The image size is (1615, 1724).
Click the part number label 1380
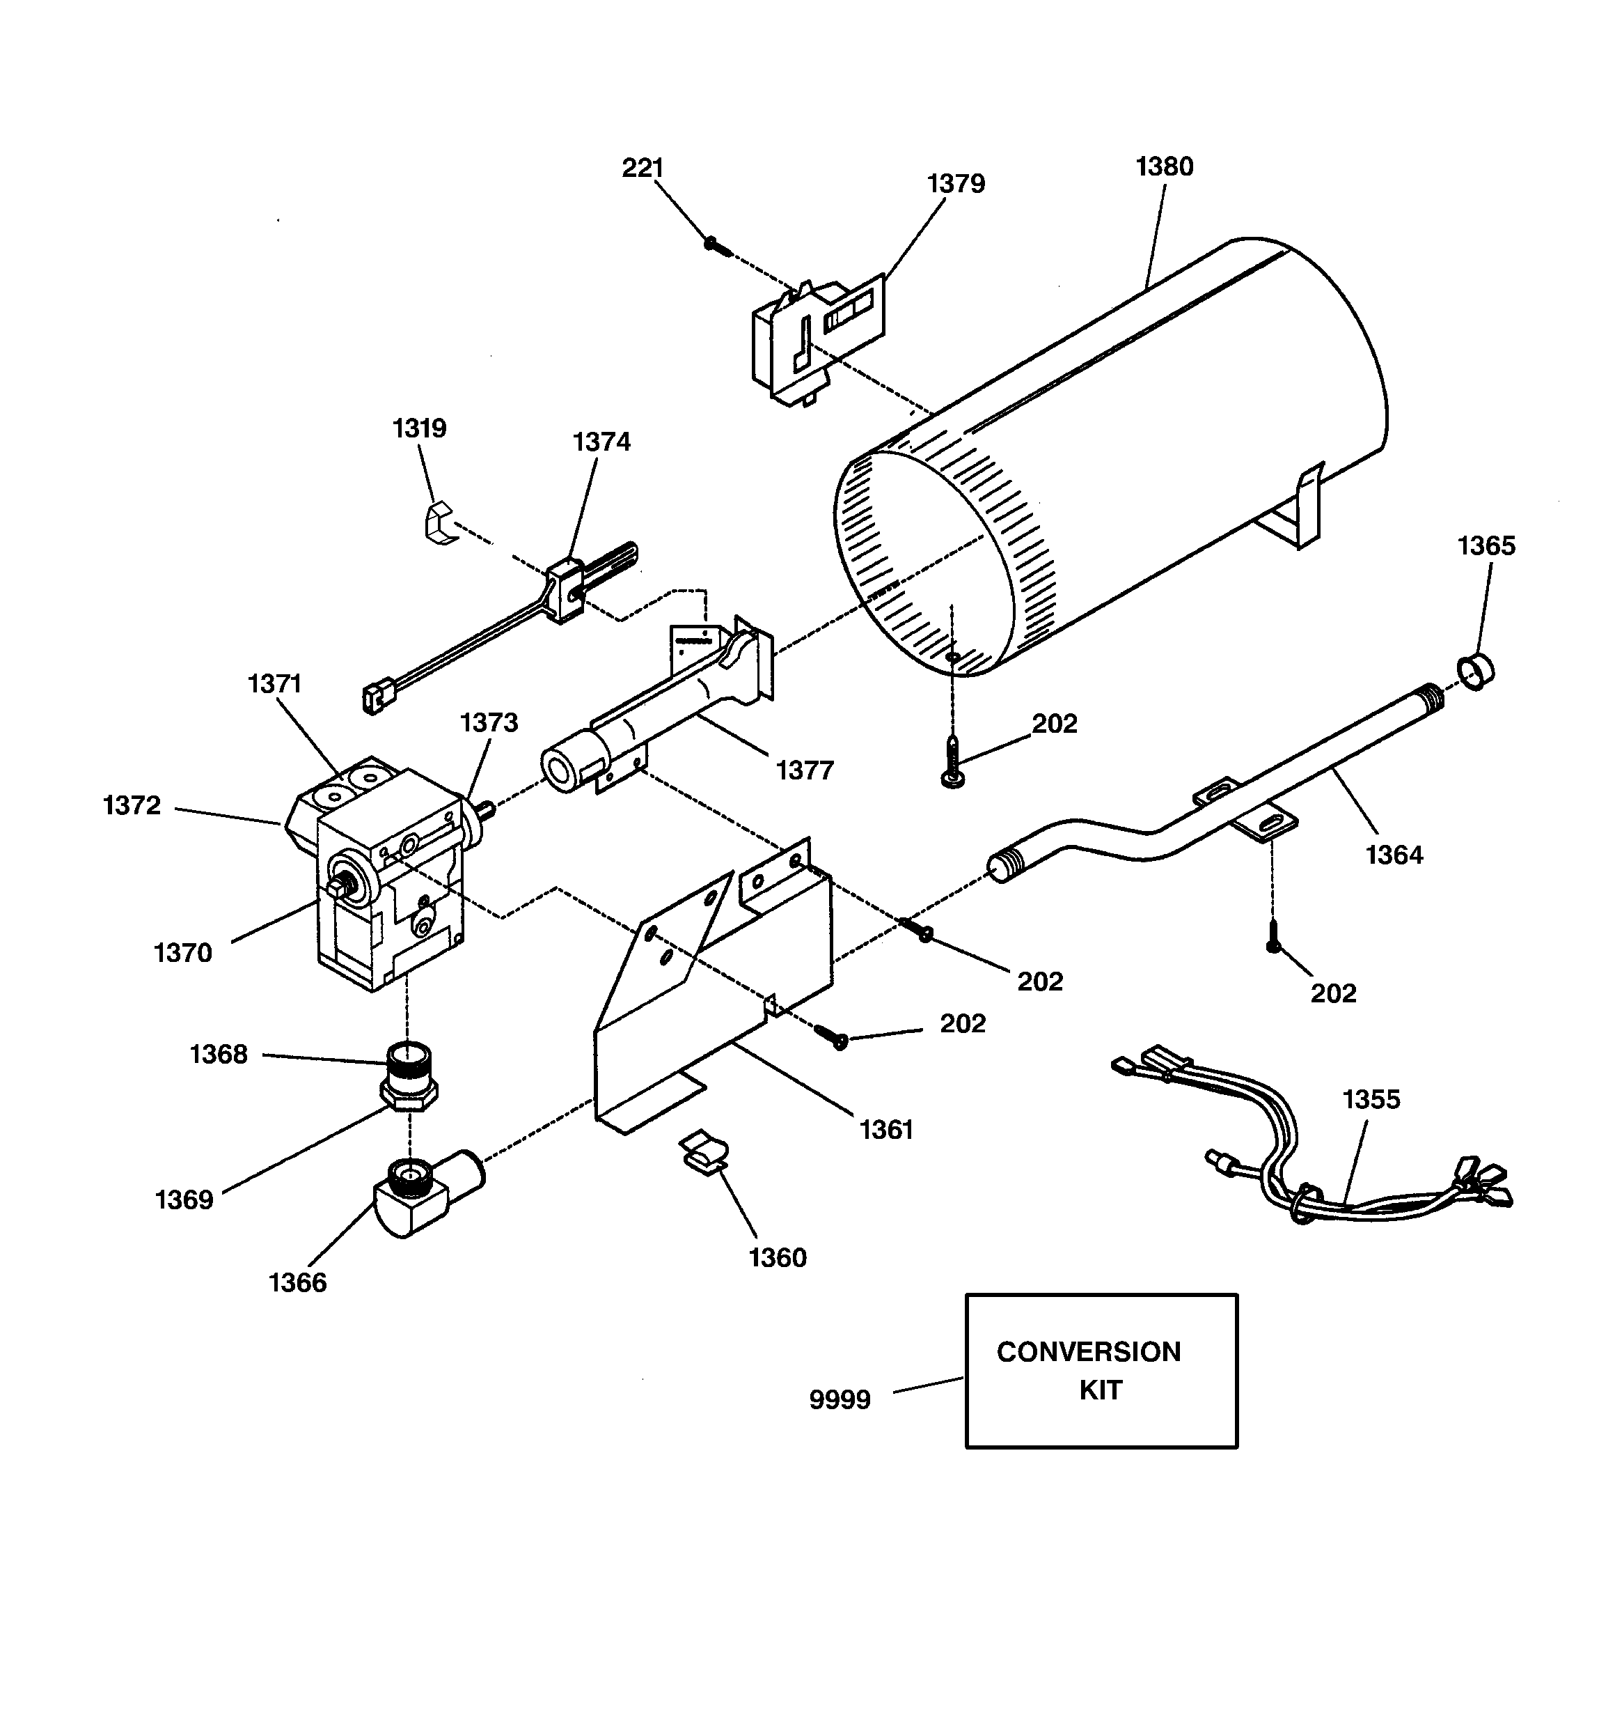[x=1164, y=166]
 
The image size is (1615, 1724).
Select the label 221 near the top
[x=643, y=167]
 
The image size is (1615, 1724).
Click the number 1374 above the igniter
[x=601, y=442]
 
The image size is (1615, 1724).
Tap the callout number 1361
[x=886, y=1129]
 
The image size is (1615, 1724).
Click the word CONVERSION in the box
[x=1088, y=1351]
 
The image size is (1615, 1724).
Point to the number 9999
[x=839, y=1399]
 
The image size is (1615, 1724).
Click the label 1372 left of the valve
[x=132, y=806]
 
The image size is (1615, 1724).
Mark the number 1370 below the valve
[x=182, y=952]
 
